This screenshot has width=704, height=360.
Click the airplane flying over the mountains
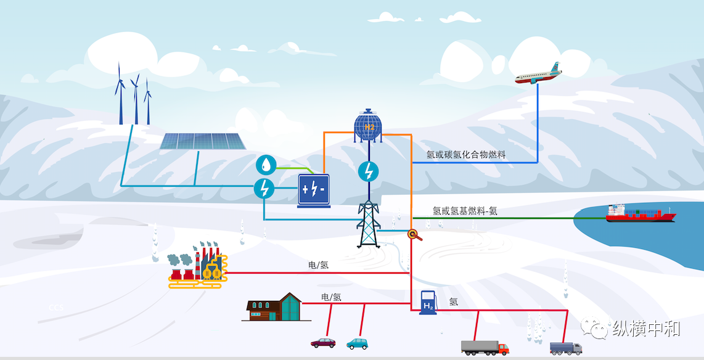(538, 74)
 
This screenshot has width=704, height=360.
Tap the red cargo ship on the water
(641, 214)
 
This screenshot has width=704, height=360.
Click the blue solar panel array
(203, 141)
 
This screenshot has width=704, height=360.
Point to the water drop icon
(265, 165)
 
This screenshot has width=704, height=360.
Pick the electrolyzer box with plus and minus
(313, 189)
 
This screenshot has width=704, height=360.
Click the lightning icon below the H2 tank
(369, 171)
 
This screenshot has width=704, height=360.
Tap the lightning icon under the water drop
(264, 188)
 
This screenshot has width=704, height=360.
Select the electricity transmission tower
(369, 224)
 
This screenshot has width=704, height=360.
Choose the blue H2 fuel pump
(427, 303)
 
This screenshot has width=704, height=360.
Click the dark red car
(323, 342)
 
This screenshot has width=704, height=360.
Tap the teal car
(357, 342)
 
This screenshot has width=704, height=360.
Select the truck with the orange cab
(485, 347)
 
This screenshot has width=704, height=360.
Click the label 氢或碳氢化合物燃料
(466, 155)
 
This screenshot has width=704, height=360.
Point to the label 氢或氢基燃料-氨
(465, 211)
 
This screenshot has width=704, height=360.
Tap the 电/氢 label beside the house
(331, 297)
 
